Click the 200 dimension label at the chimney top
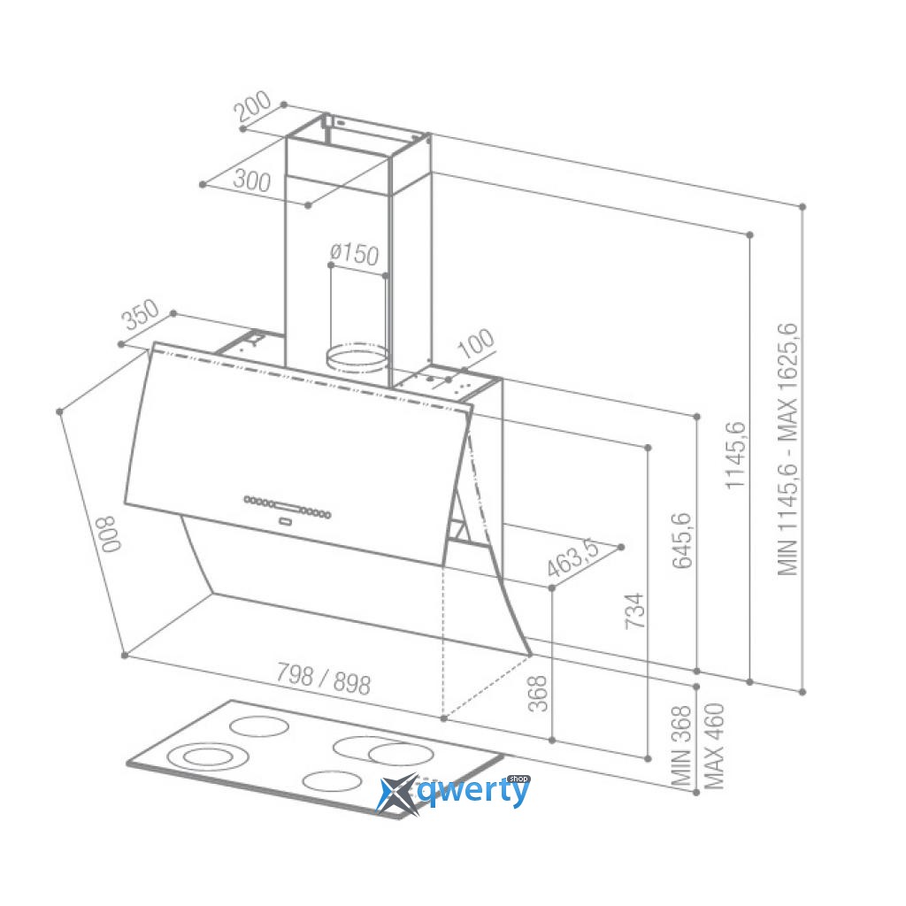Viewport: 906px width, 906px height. (x=252, y=106)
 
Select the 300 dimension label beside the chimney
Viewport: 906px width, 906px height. (x=252, y=180)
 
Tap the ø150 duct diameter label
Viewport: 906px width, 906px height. (x=354, y=254)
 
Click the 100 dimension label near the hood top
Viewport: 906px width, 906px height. (x=476, y=343)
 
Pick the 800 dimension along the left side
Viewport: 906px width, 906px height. (x=110, y=534)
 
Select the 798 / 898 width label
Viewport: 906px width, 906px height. (x=323, y=679)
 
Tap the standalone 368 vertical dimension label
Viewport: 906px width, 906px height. (x=537, y=694)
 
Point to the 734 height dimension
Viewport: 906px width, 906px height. (x=634, y=610)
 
